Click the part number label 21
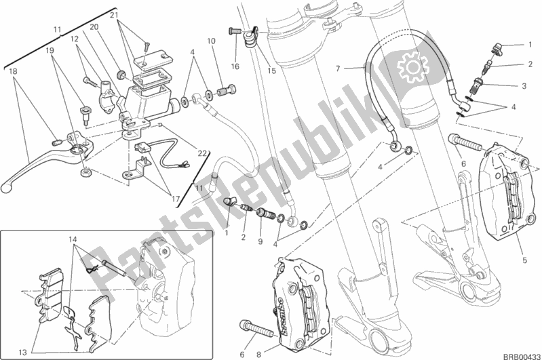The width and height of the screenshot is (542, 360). click(115, 15)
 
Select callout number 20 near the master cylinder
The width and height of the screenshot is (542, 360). click(94, 28)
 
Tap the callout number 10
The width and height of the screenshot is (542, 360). click(212, 41)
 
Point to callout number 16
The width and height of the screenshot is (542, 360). click(235, 66)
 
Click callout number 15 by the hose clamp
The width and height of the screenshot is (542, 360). click(272, 71)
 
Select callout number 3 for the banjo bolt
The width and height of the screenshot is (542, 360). click(524, 85)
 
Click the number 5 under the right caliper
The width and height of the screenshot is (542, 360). click(525, 260)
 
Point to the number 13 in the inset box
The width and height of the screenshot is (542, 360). click(22, 353)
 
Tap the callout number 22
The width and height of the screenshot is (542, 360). click(202, 153)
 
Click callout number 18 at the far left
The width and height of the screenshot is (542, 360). click(13, 71)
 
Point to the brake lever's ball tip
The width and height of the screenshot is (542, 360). click(5, 188)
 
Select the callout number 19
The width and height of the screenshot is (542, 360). click(50, 51)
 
